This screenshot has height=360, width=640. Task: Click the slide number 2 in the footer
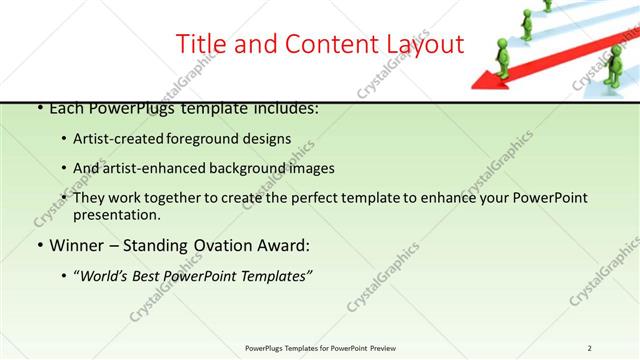tap(589, 347)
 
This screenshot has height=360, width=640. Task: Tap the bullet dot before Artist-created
tap(65, 140)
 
